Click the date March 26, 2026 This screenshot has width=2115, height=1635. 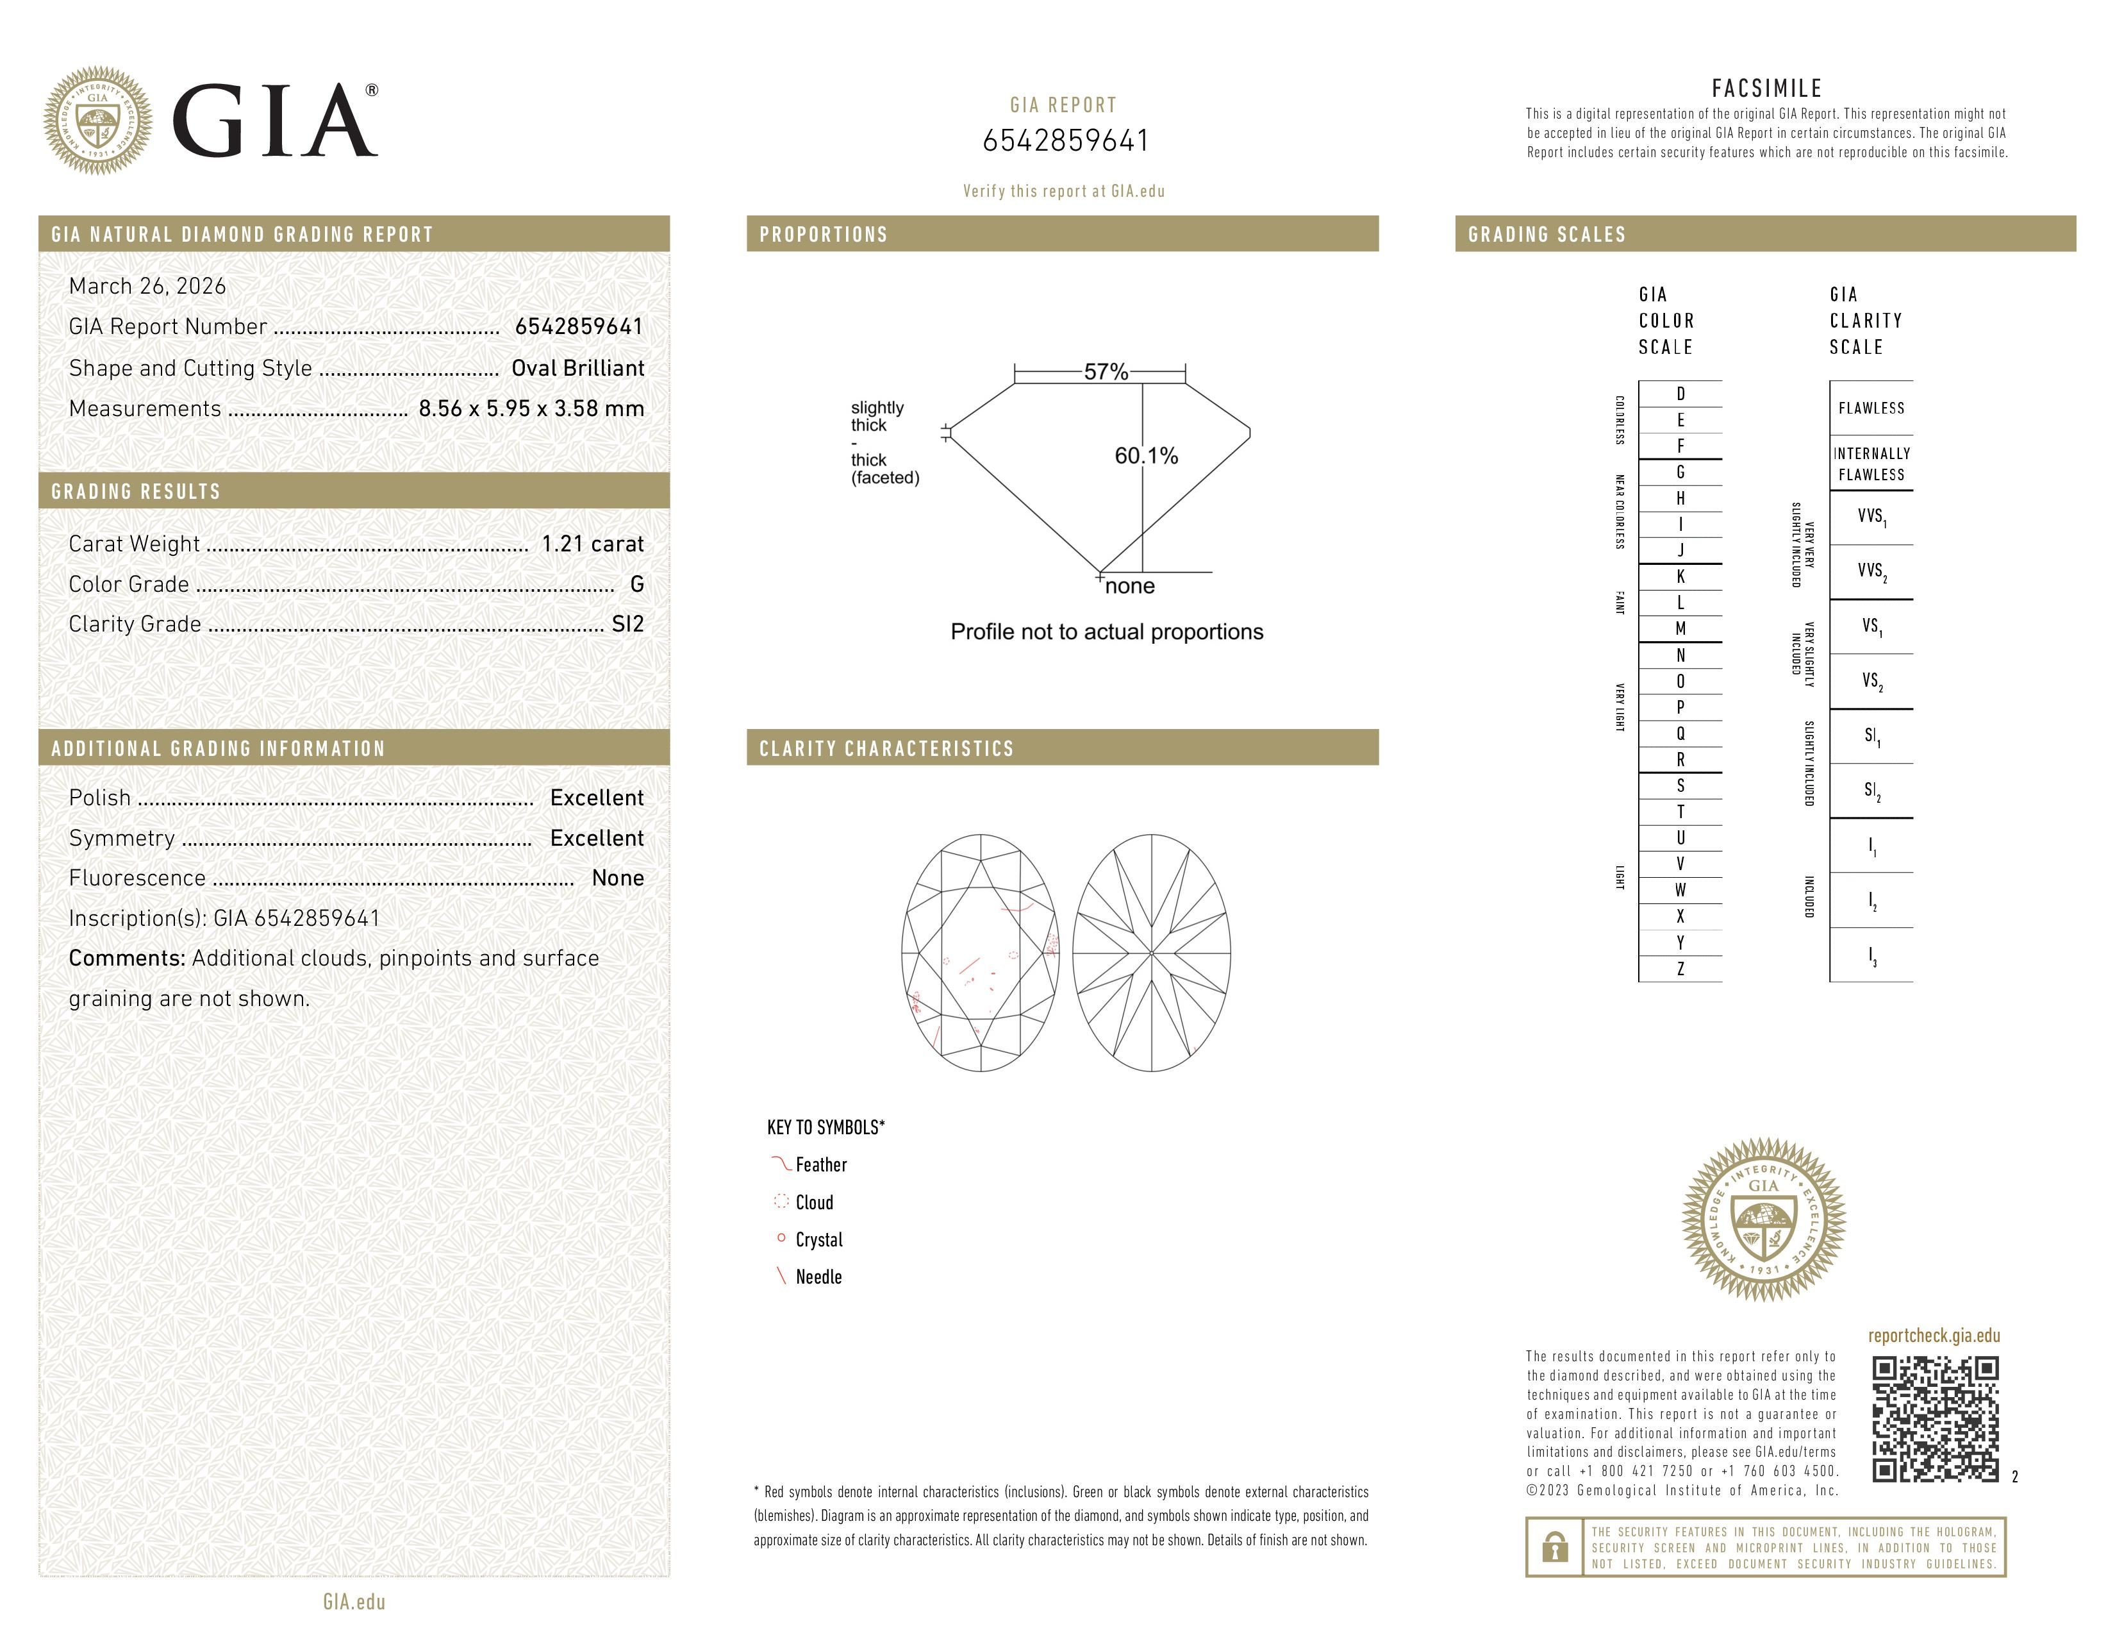click(147, 286)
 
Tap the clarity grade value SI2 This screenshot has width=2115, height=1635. click(627, 624)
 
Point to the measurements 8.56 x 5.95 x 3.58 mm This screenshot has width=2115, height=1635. click(531, 409)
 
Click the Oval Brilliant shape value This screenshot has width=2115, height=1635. click(577, 368)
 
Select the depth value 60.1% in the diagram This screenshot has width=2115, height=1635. click(1146, 457)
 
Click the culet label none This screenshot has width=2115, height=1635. click(1129, 586)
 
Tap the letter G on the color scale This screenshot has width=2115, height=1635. click(1680, 472)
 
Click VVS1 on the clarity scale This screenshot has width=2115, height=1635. click(1871, 517)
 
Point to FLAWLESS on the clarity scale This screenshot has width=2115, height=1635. click(1871, 408)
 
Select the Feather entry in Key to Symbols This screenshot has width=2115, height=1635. click(820, 1165)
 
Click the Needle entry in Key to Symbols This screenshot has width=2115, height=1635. click(818, 1277)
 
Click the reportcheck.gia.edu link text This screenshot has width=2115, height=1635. click(1933, 1336)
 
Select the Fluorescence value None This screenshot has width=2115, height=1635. click(618, 878)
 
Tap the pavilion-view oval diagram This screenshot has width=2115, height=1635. click(1152, 953)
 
